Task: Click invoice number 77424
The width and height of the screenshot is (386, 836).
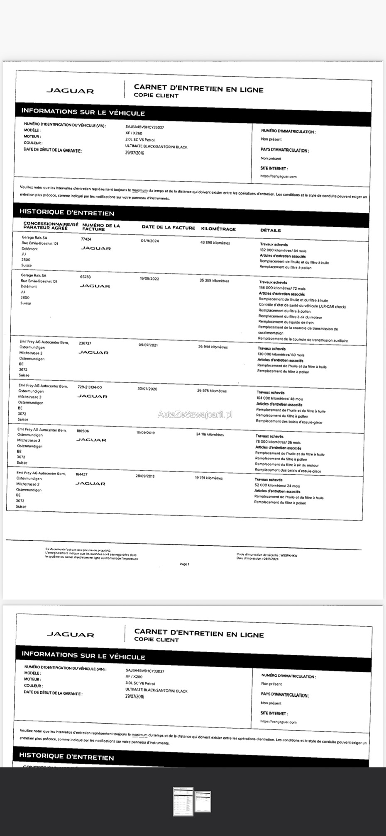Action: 86,239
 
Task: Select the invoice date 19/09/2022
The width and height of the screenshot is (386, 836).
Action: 149,279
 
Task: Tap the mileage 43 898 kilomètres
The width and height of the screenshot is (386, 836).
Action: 215,243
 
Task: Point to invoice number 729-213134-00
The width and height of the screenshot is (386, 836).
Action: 90,387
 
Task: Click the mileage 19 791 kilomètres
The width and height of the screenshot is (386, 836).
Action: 209,478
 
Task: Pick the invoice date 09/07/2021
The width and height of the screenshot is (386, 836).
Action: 148,345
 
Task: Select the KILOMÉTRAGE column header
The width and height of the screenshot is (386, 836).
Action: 218,229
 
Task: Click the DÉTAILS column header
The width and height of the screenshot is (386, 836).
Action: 271,230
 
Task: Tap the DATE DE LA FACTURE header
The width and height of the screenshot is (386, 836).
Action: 168,227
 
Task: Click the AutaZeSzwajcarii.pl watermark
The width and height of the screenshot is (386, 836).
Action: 195,414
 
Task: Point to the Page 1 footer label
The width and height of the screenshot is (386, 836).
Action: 185,564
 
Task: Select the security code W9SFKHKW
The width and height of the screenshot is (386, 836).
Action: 289,555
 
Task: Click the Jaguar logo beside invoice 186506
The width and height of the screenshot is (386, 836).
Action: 92,440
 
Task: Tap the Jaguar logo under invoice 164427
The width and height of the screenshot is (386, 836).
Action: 90,484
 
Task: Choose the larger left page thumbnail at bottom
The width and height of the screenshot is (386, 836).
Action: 183,802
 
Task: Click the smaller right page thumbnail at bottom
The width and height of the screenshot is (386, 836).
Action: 203,801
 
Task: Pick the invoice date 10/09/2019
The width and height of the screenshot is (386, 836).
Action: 145,433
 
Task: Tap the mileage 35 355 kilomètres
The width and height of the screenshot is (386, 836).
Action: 214,281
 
